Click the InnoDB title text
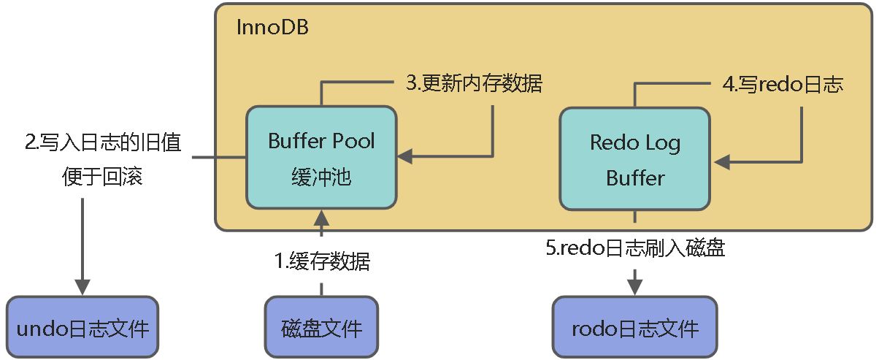272,28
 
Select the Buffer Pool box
321,157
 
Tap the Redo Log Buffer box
634,158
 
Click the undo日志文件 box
82,327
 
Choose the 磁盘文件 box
321,327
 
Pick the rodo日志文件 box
635,327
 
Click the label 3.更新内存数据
474,83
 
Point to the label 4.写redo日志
783,85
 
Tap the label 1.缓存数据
321,261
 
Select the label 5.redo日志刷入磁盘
635,248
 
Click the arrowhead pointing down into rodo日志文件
635,284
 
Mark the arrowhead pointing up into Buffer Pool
321,217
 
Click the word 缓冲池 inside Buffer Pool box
321,177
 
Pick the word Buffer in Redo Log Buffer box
635,177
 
